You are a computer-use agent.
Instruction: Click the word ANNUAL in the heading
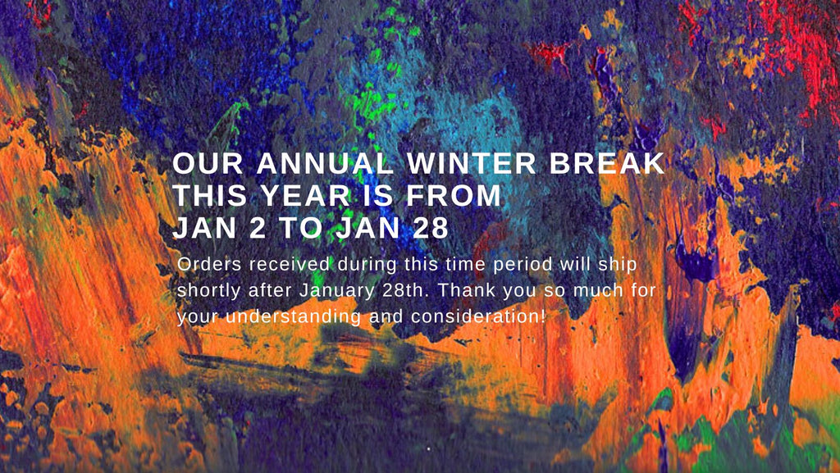(325, 164)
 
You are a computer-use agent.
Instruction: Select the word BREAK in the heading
(607, 164)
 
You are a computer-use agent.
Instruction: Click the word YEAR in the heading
(305, 195)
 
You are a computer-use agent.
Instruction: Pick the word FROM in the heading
(454, 195)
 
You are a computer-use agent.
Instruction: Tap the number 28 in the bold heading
(430, 228)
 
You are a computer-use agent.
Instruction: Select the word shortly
(209, 291)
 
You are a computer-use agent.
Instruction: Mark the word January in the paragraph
(336, 291)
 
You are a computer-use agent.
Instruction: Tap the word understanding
(293, 316)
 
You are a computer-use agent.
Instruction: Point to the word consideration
(478, 316)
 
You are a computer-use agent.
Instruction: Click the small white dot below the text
(428, 449)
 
